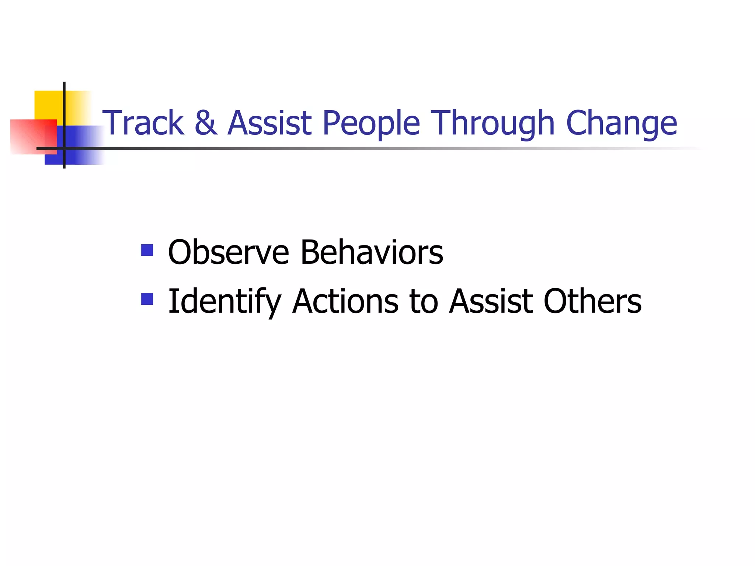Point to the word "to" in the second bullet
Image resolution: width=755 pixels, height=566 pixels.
pos(424,302)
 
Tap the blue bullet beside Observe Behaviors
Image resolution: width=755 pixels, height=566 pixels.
pos(147,250)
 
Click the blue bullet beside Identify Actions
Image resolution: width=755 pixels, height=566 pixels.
pos(147,299)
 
